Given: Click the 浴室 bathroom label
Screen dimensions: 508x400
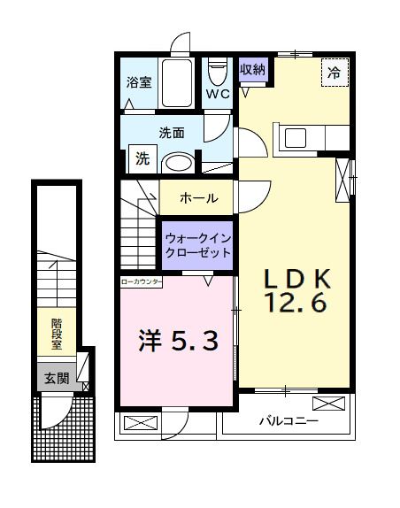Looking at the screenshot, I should point(139,83).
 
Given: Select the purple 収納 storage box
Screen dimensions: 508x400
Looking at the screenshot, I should point(252,69).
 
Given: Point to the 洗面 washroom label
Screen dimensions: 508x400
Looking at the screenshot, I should point(171,134).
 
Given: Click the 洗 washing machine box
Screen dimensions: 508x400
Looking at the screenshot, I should point(142,159).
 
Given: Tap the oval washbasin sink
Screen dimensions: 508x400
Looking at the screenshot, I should point(180,162).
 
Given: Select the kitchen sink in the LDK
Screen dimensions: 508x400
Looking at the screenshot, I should point(294,138).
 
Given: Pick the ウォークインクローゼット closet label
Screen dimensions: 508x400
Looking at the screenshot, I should point(196,244).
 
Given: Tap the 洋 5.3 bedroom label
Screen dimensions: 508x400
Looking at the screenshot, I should point(177,340).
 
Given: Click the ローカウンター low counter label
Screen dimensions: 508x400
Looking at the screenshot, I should point(142,281).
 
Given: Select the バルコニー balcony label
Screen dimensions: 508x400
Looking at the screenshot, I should point(288,421).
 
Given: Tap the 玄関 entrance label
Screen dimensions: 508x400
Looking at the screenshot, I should point(56,378).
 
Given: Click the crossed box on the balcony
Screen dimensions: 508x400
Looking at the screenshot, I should point(327,404).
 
